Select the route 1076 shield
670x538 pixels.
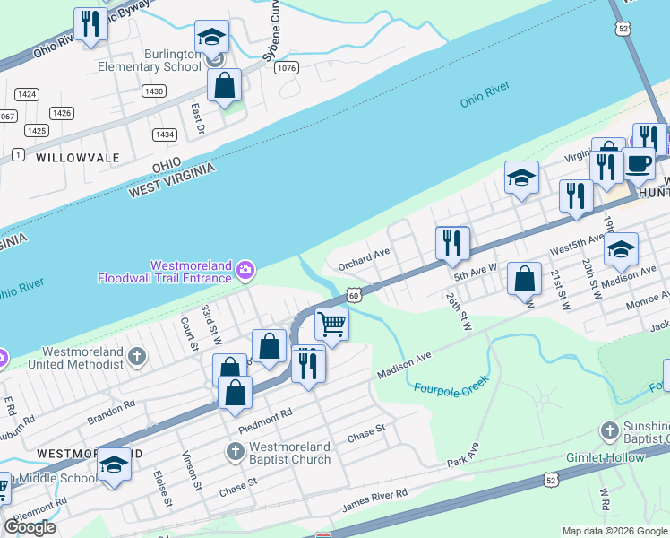click(287, 68)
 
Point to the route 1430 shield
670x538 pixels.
click(154, 91)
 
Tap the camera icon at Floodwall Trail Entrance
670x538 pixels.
click(244, 270)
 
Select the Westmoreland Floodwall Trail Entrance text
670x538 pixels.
click(165, 272)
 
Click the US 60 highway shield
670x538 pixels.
click(355, 294)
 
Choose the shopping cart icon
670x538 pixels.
click(331, 323)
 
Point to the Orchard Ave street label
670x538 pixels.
click(364, 259)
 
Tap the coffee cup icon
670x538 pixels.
click(639, 163)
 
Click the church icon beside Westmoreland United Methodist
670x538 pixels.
click(136, 357)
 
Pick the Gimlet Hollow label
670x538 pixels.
click(605, 457)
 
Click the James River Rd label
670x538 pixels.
click(374, 501)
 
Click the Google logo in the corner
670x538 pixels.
click(30, 527)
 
